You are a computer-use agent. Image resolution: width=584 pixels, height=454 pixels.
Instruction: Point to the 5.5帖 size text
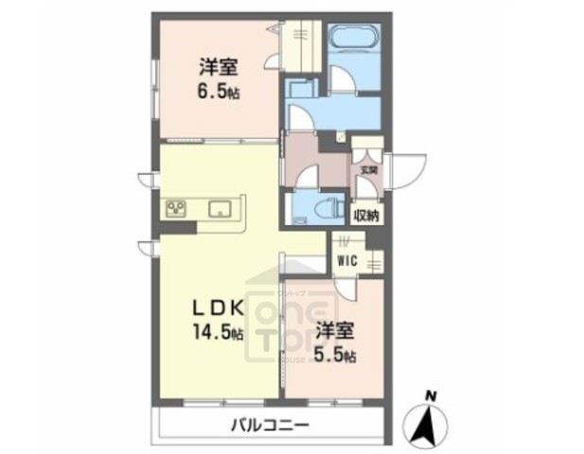point(335,356)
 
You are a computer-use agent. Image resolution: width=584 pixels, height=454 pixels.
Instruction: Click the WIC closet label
point(345,258)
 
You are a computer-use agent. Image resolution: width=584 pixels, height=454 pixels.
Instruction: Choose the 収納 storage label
point(366,216)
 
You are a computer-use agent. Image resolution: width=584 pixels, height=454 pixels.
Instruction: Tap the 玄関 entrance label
point(367,170)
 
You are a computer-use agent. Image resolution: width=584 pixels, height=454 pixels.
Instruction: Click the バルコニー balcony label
point(269,425)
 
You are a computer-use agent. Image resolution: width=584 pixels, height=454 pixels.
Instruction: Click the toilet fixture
point(331,207)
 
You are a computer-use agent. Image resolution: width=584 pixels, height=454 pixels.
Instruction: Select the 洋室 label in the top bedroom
point(218,66)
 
